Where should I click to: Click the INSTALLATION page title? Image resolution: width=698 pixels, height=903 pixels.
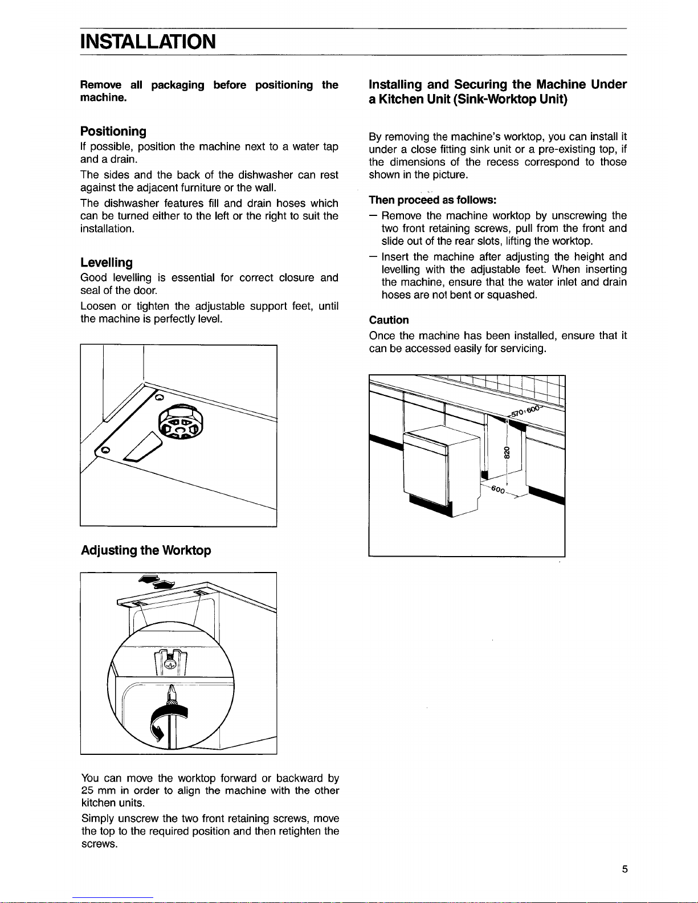click(x=148, y=42)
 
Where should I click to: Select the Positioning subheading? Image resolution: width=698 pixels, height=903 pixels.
click(x=113, y=132)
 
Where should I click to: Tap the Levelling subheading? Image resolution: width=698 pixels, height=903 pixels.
click(x=107, y=263)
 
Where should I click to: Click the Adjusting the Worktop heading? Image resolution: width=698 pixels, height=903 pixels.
click(x=146, y=550)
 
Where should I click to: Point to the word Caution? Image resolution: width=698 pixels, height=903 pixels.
click(x=389, y=320)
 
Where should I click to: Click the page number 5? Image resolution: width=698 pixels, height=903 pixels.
click(x=624, y=869)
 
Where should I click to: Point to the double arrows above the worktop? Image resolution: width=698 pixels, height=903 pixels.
click(x=157, y=582)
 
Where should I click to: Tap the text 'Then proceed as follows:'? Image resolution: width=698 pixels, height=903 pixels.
click(x=432, y=201)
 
